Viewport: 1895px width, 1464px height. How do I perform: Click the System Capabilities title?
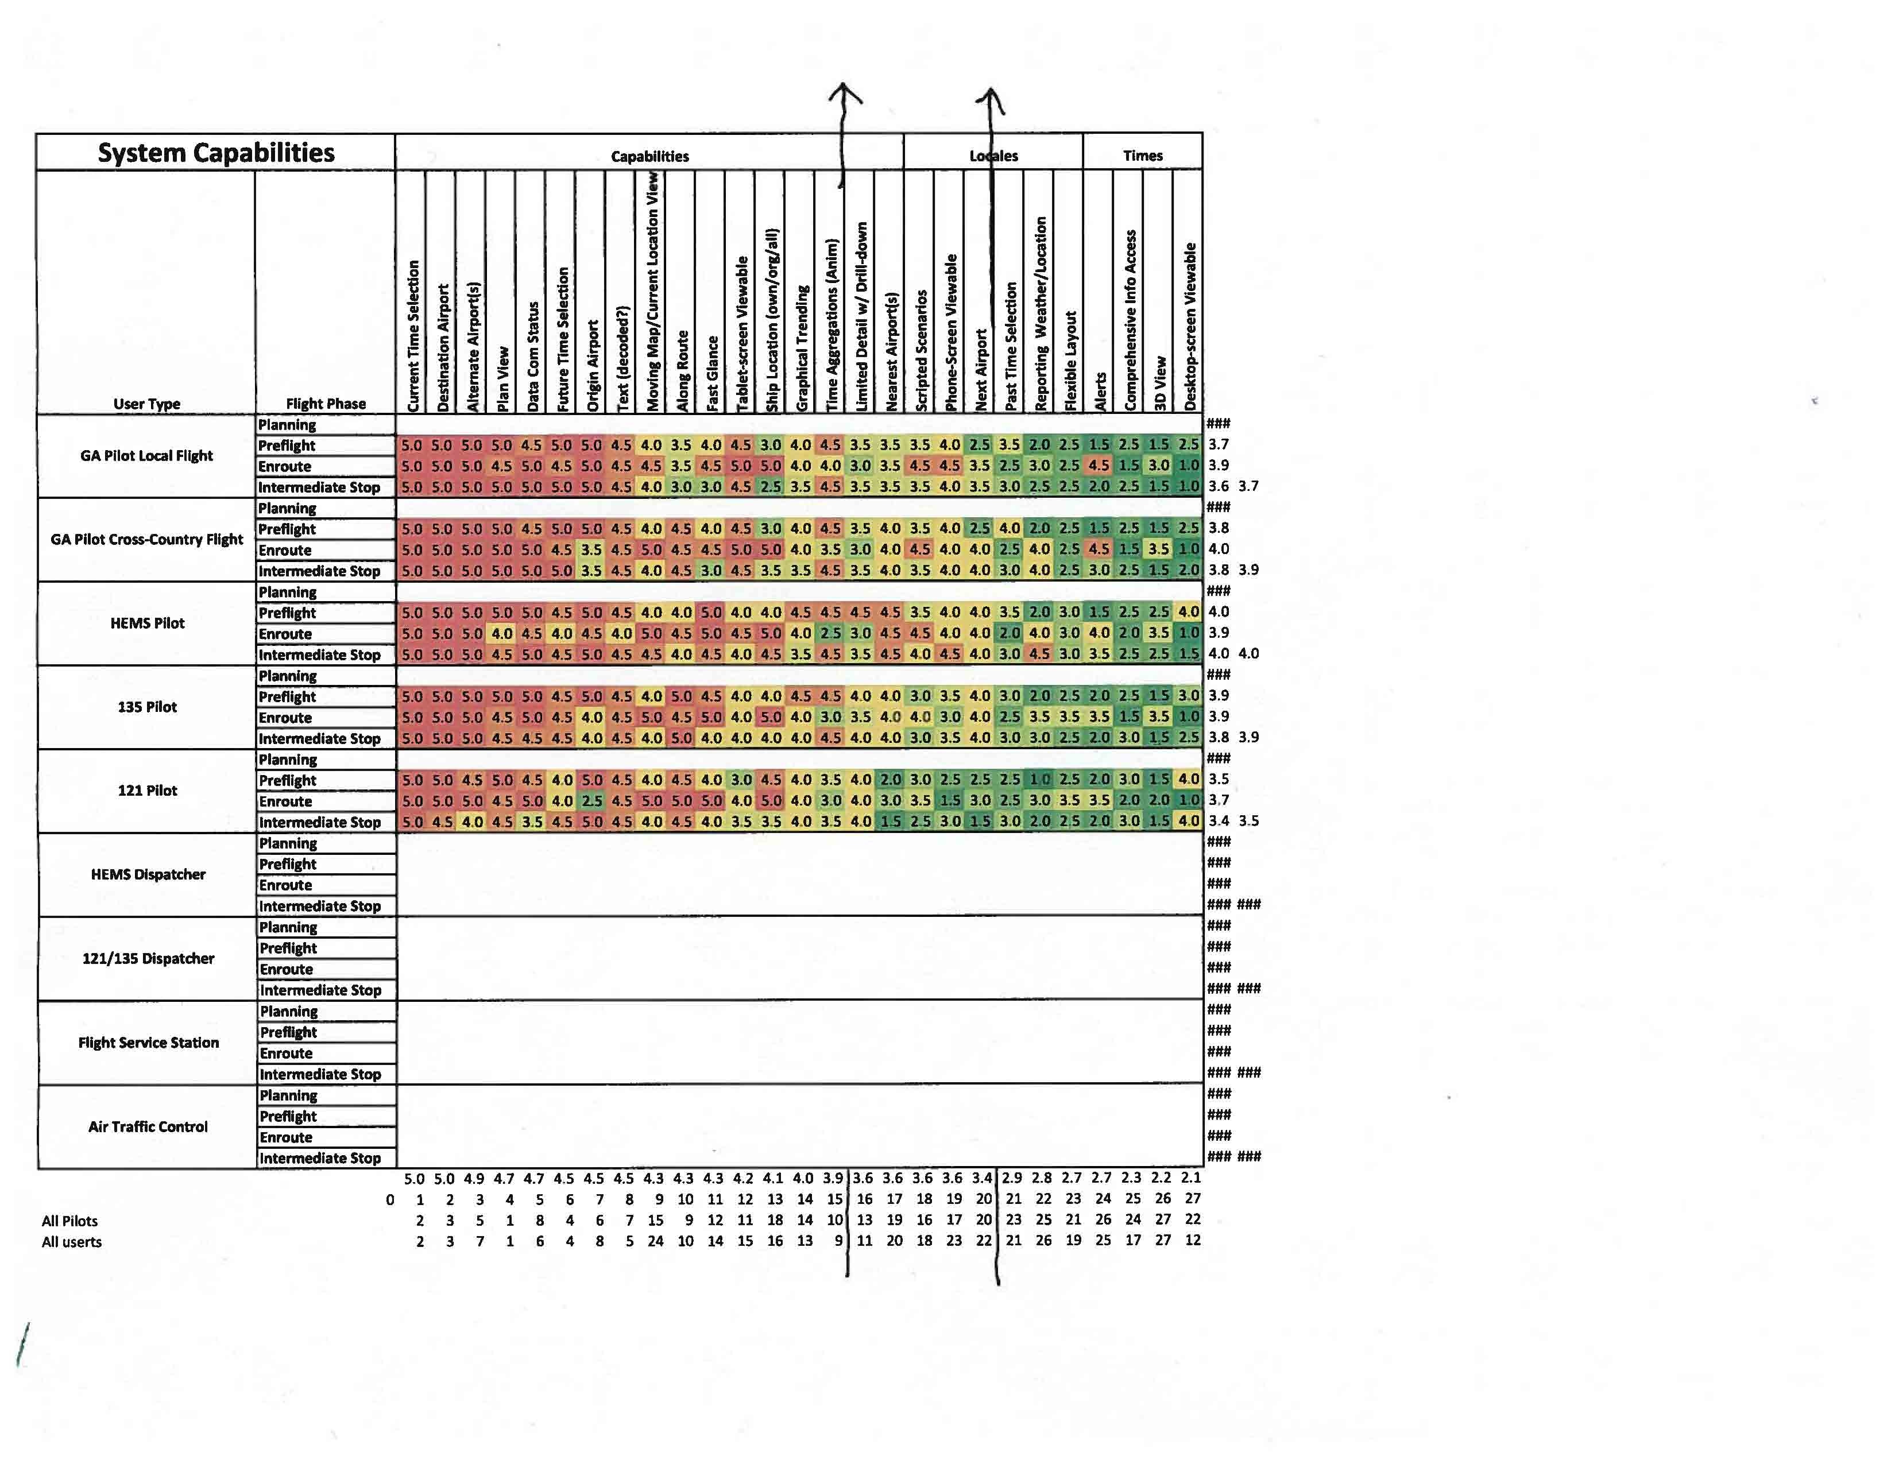215,153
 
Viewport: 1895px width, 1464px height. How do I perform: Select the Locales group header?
993,156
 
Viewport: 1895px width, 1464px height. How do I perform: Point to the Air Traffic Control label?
148,1126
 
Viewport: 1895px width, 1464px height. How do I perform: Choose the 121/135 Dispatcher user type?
148,958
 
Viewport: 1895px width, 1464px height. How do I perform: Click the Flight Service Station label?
148,1043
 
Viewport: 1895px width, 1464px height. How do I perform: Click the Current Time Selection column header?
413,335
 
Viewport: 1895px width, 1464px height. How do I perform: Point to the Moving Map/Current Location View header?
652,292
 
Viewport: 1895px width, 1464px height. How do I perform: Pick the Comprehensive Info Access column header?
1130,319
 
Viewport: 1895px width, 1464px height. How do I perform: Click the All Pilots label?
69,1221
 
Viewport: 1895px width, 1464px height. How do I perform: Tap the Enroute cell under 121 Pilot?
285,801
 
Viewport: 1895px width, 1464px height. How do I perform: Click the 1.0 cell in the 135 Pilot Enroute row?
1188,716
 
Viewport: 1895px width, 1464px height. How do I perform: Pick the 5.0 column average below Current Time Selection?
414,1179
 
